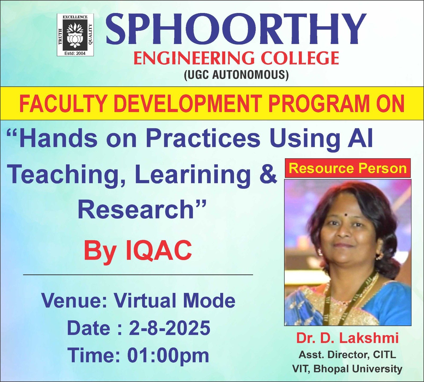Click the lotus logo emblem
(75, 34)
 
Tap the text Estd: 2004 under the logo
(75, 53)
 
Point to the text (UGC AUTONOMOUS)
(236, 74)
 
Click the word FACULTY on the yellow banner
(63, 104)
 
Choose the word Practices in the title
(203, 138)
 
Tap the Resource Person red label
(348, 168)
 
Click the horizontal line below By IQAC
(138, 275)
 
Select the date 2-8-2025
(170, 328)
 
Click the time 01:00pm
(168, 355)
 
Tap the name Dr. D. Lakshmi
(347, 338)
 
